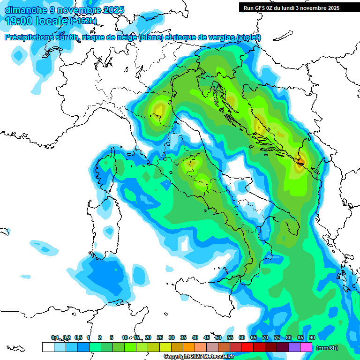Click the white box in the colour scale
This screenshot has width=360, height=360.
(48, 347)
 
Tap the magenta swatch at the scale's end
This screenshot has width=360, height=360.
(306, 347)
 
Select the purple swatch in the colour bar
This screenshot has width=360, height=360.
(294, 347)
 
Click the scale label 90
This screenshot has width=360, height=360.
(312, 337)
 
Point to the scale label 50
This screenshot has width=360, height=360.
(218, 337)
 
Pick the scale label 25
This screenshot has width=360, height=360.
(160, 337)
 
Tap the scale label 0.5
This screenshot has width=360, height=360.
(78, 337)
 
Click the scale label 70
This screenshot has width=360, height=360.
(265, 337)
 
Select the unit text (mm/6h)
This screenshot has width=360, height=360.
(327, 348)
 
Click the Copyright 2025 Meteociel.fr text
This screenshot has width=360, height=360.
(199, 357)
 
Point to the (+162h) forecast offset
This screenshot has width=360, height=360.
(83, 21)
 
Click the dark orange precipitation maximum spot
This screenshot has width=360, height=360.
(300, 163)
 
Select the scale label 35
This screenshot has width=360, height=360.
(183, 337)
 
